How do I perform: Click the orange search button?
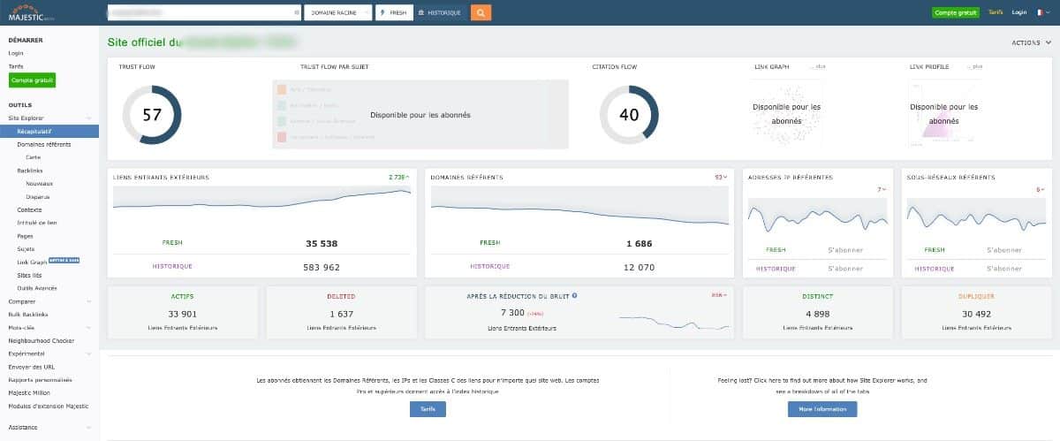(x=481, y=12)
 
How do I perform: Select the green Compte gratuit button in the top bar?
(x=955, y=12)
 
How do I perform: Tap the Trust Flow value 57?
(x=151, y=114)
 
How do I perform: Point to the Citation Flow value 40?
(x=629, y=114)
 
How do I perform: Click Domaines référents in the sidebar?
(x=44, y=144)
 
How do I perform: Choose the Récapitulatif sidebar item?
(x=35, y=131)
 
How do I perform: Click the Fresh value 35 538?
(x=322, y=243)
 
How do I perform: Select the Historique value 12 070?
(x=640, y=267)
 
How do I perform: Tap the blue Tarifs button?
(x=428, y=408)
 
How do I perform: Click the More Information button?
(x=821, y=408)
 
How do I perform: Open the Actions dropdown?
(x=1030, y=42)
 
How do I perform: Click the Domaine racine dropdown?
(x=338, y=12)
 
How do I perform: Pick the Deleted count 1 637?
(x=341, y=313)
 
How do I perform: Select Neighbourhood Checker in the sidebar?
(x=41, y=340)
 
